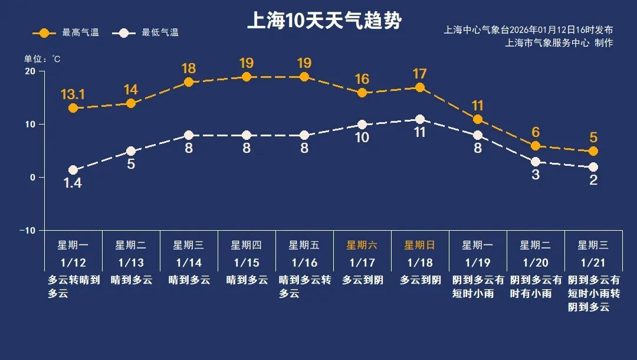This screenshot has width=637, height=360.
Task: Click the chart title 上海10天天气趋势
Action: click(x=324, y=21)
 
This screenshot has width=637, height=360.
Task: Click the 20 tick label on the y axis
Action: click(x=29, y=71)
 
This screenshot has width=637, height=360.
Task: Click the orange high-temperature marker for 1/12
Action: click(x=73, y=108)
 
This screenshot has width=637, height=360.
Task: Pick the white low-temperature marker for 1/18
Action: click(x=420, y=119)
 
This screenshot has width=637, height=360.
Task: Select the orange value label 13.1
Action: click(x=73, y=94)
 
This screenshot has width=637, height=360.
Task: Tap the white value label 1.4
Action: click(x=73, y=184)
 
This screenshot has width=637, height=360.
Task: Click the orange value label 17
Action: click(x=419, y=74)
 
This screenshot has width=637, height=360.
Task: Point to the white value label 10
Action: click(x=362, y=138)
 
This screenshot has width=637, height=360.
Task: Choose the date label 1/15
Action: click(x=247, y=263)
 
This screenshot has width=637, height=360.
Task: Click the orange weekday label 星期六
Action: click(x=362, y=246)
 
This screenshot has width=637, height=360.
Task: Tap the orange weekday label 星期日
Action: click(x=419, y=246)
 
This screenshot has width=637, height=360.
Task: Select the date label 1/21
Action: click(x=593, y=263)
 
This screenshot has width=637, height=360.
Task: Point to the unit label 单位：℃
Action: click(x=42, y=59)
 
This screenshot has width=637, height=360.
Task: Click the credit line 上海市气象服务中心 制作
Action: click(x=559, y=42)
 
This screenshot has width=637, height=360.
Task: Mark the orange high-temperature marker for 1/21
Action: click(x=593, y=151)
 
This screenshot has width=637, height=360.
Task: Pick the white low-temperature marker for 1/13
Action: click(x=131, y=151)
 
